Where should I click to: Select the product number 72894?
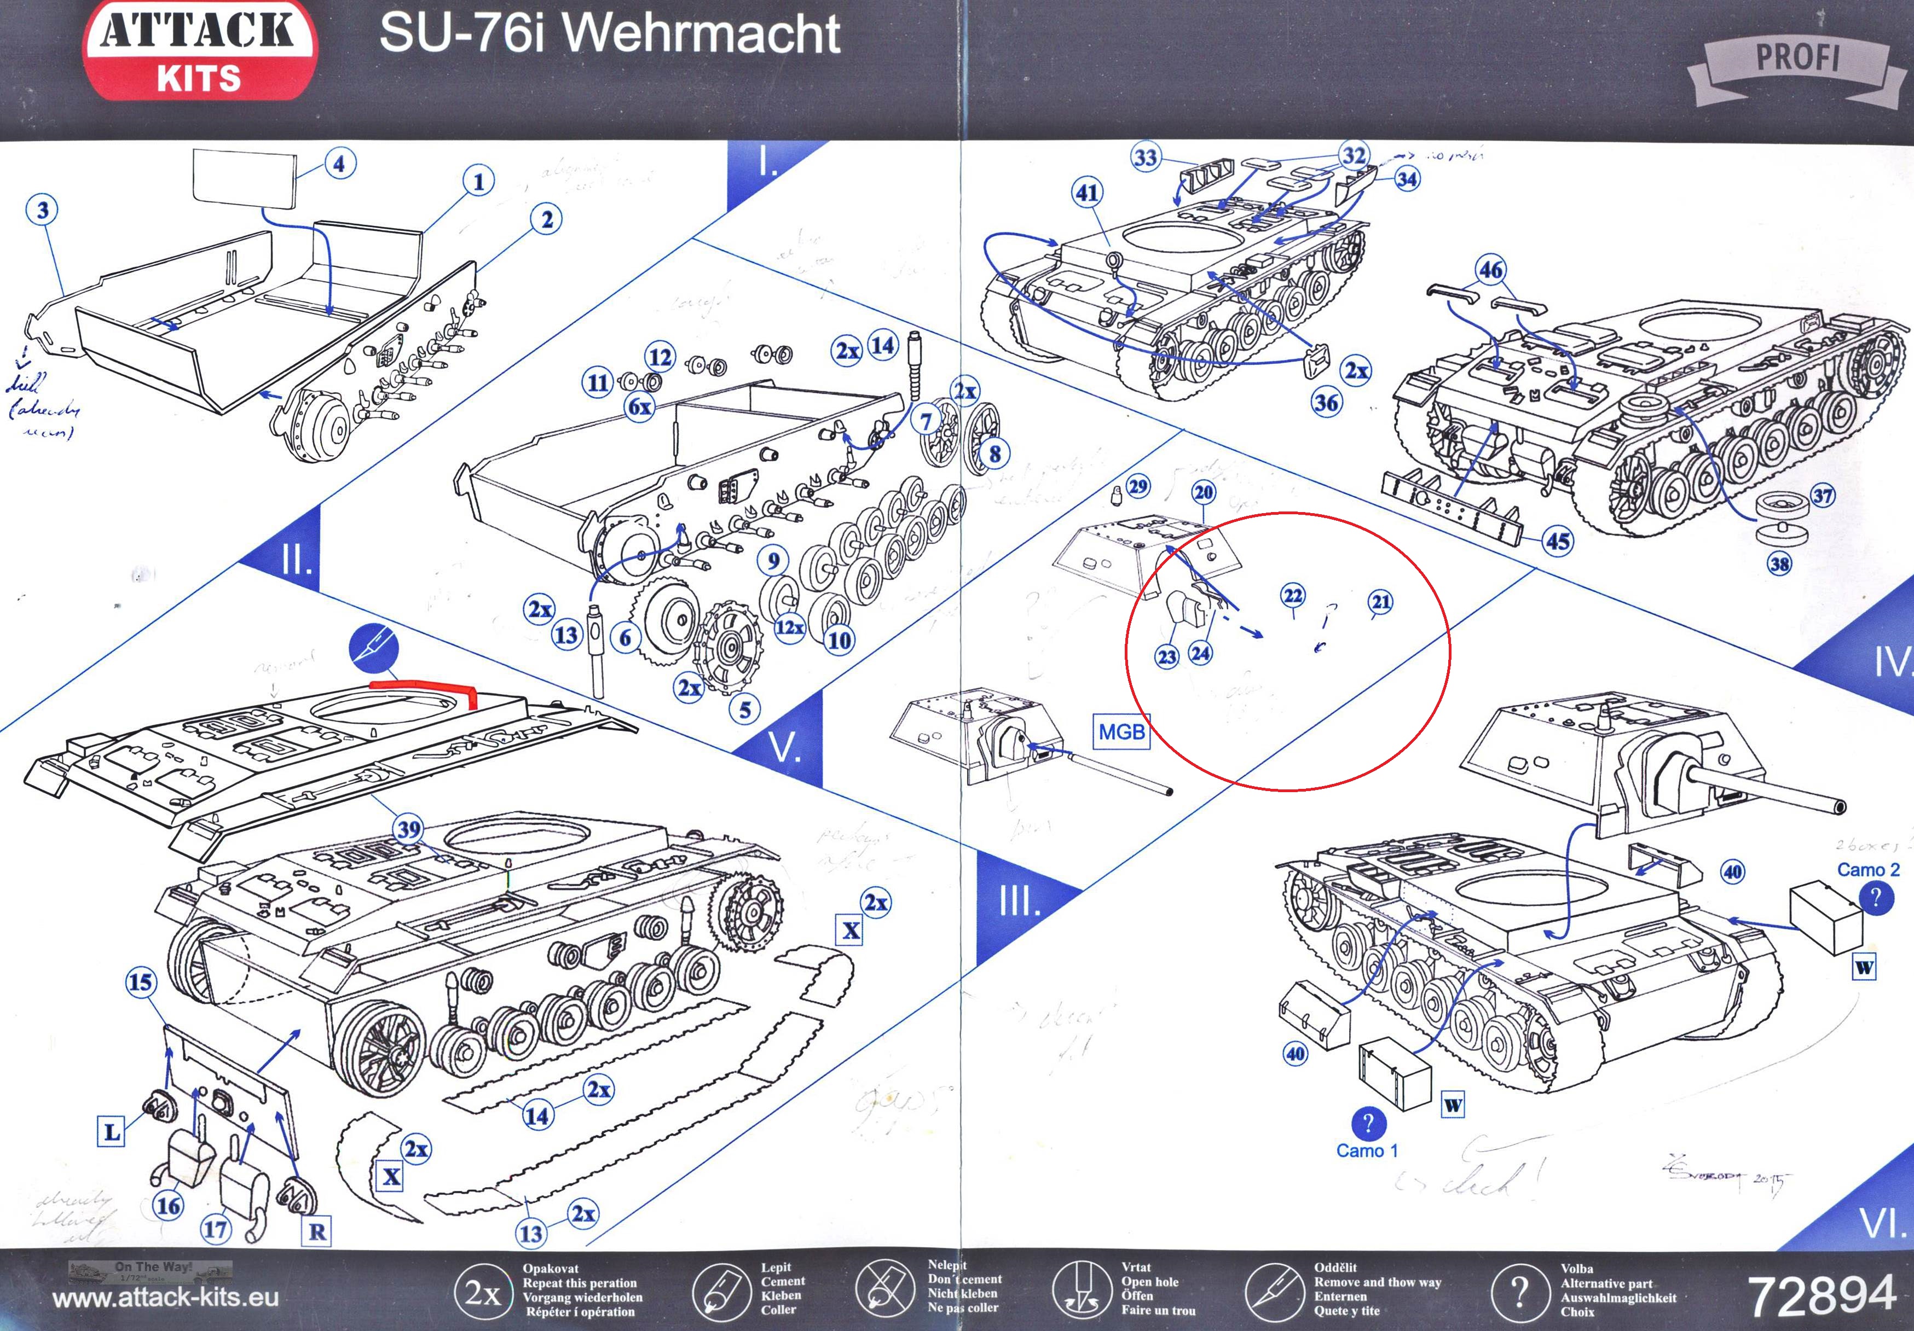pos(1822,1296)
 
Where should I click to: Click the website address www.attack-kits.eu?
pos(165,1298)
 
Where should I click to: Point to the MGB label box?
pos(1121,732)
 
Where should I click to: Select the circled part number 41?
pos(1087,193)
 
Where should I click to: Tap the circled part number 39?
pos(408,829)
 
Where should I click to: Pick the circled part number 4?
pos(339,164)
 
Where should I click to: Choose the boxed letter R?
pos(317,1231)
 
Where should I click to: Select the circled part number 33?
pos(1146,158)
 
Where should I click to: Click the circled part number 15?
pos(141,982)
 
